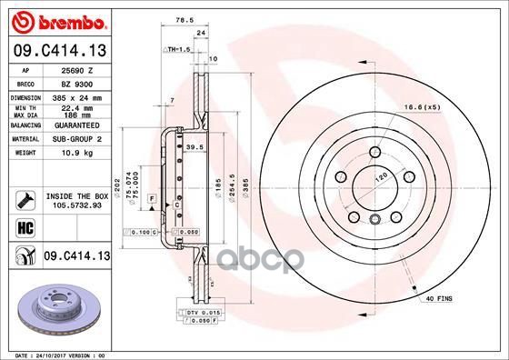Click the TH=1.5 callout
pyautogui.click(x=178, y=48)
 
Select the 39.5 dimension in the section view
pyautogui.click(x=193, y=147)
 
